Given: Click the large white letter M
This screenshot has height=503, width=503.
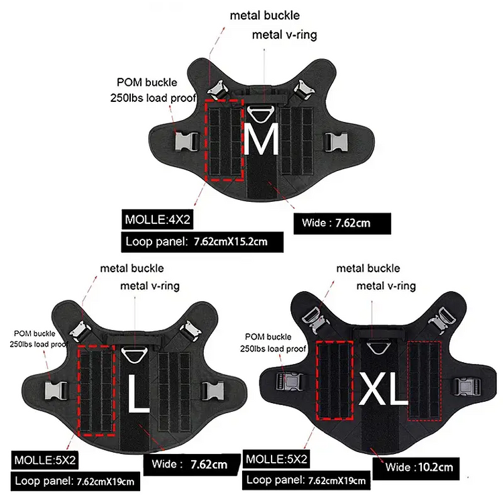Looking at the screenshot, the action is point(261,139).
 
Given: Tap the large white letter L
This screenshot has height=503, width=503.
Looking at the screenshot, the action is point(139,393).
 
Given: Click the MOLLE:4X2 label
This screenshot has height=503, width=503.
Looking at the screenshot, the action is point(158,220).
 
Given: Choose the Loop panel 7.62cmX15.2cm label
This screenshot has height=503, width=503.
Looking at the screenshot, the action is point(202,241).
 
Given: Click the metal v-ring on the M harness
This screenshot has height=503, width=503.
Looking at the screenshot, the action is point(261,114).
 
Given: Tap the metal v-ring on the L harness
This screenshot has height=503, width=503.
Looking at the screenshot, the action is point(134,355).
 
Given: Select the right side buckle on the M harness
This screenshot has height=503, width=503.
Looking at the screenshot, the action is point(336,142).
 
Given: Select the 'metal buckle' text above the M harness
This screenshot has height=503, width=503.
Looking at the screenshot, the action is point(265,15).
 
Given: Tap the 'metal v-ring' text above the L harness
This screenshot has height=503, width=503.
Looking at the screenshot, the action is point(150,286).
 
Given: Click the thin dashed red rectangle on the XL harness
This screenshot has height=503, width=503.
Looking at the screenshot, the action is point(424,381).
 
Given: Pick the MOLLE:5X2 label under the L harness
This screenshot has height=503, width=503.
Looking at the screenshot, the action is point(45,460).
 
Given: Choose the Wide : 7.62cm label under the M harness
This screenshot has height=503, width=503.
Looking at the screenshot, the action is point(342,223).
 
